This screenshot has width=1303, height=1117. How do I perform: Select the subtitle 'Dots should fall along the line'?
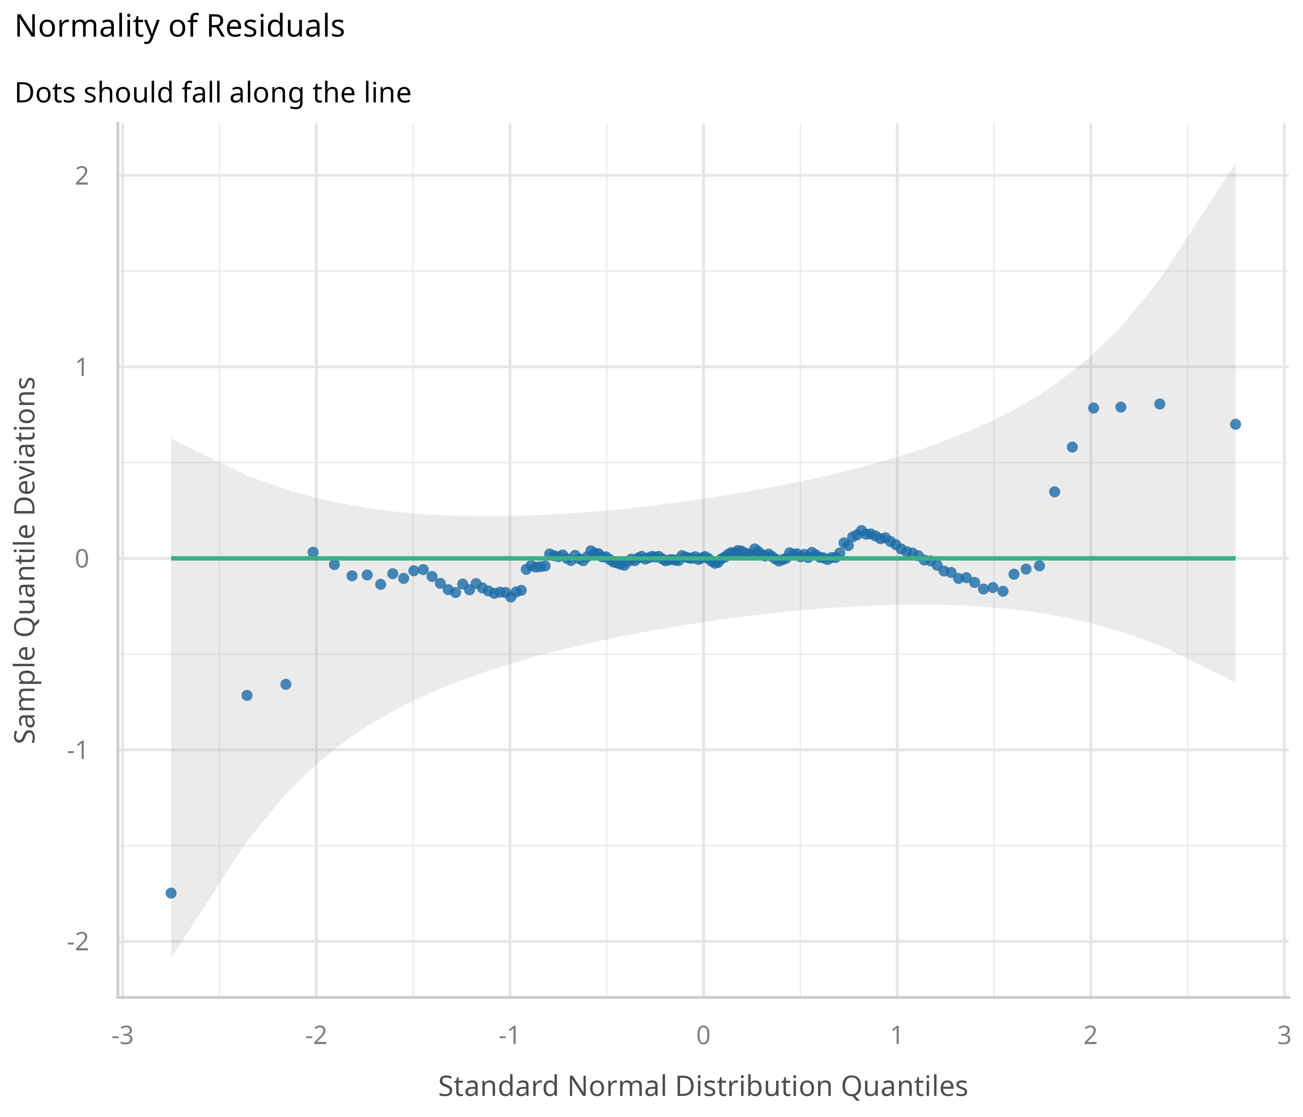pyautogui.click(x=213, y=93)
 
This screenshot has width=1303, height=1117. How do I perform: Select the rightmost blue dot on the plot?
pyautogui.click(x=1235, y=424)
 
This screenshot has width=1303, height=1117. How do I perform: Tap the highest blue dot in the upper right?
pyautogui.click(x=1160, y=404)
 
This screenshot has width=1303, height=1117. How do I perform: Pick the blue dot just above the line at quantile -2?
pyautogui.click(x=312, y=552)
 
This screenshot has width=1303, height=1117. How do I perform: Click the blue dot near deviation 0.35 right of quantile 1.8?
pyautogui.click(x=1054, y=492)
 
